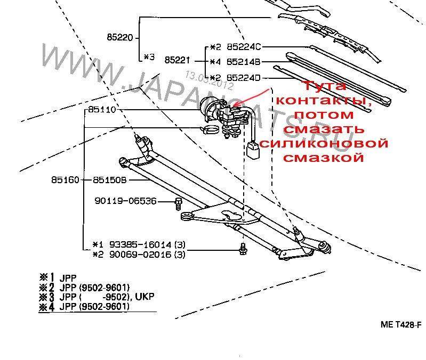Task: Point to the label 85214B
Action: [x=243, y=62]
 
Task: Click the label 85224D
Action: [x=243, y=77]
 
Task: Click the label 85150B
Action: [x=109, y=180]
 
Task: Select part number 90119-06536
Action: [x=126, y=201]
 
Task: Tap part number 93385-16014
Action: [x=140, y=244]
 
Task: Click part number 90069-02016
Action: [x=140, y=254]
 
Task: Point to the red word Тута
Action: [x=324, y=86]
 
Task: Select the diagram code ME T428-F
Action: [x=401, y=324]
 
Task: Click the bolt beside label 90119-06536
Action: [x=178, y=202]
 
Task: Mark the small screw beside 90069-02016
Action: [x=243, y=248]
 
